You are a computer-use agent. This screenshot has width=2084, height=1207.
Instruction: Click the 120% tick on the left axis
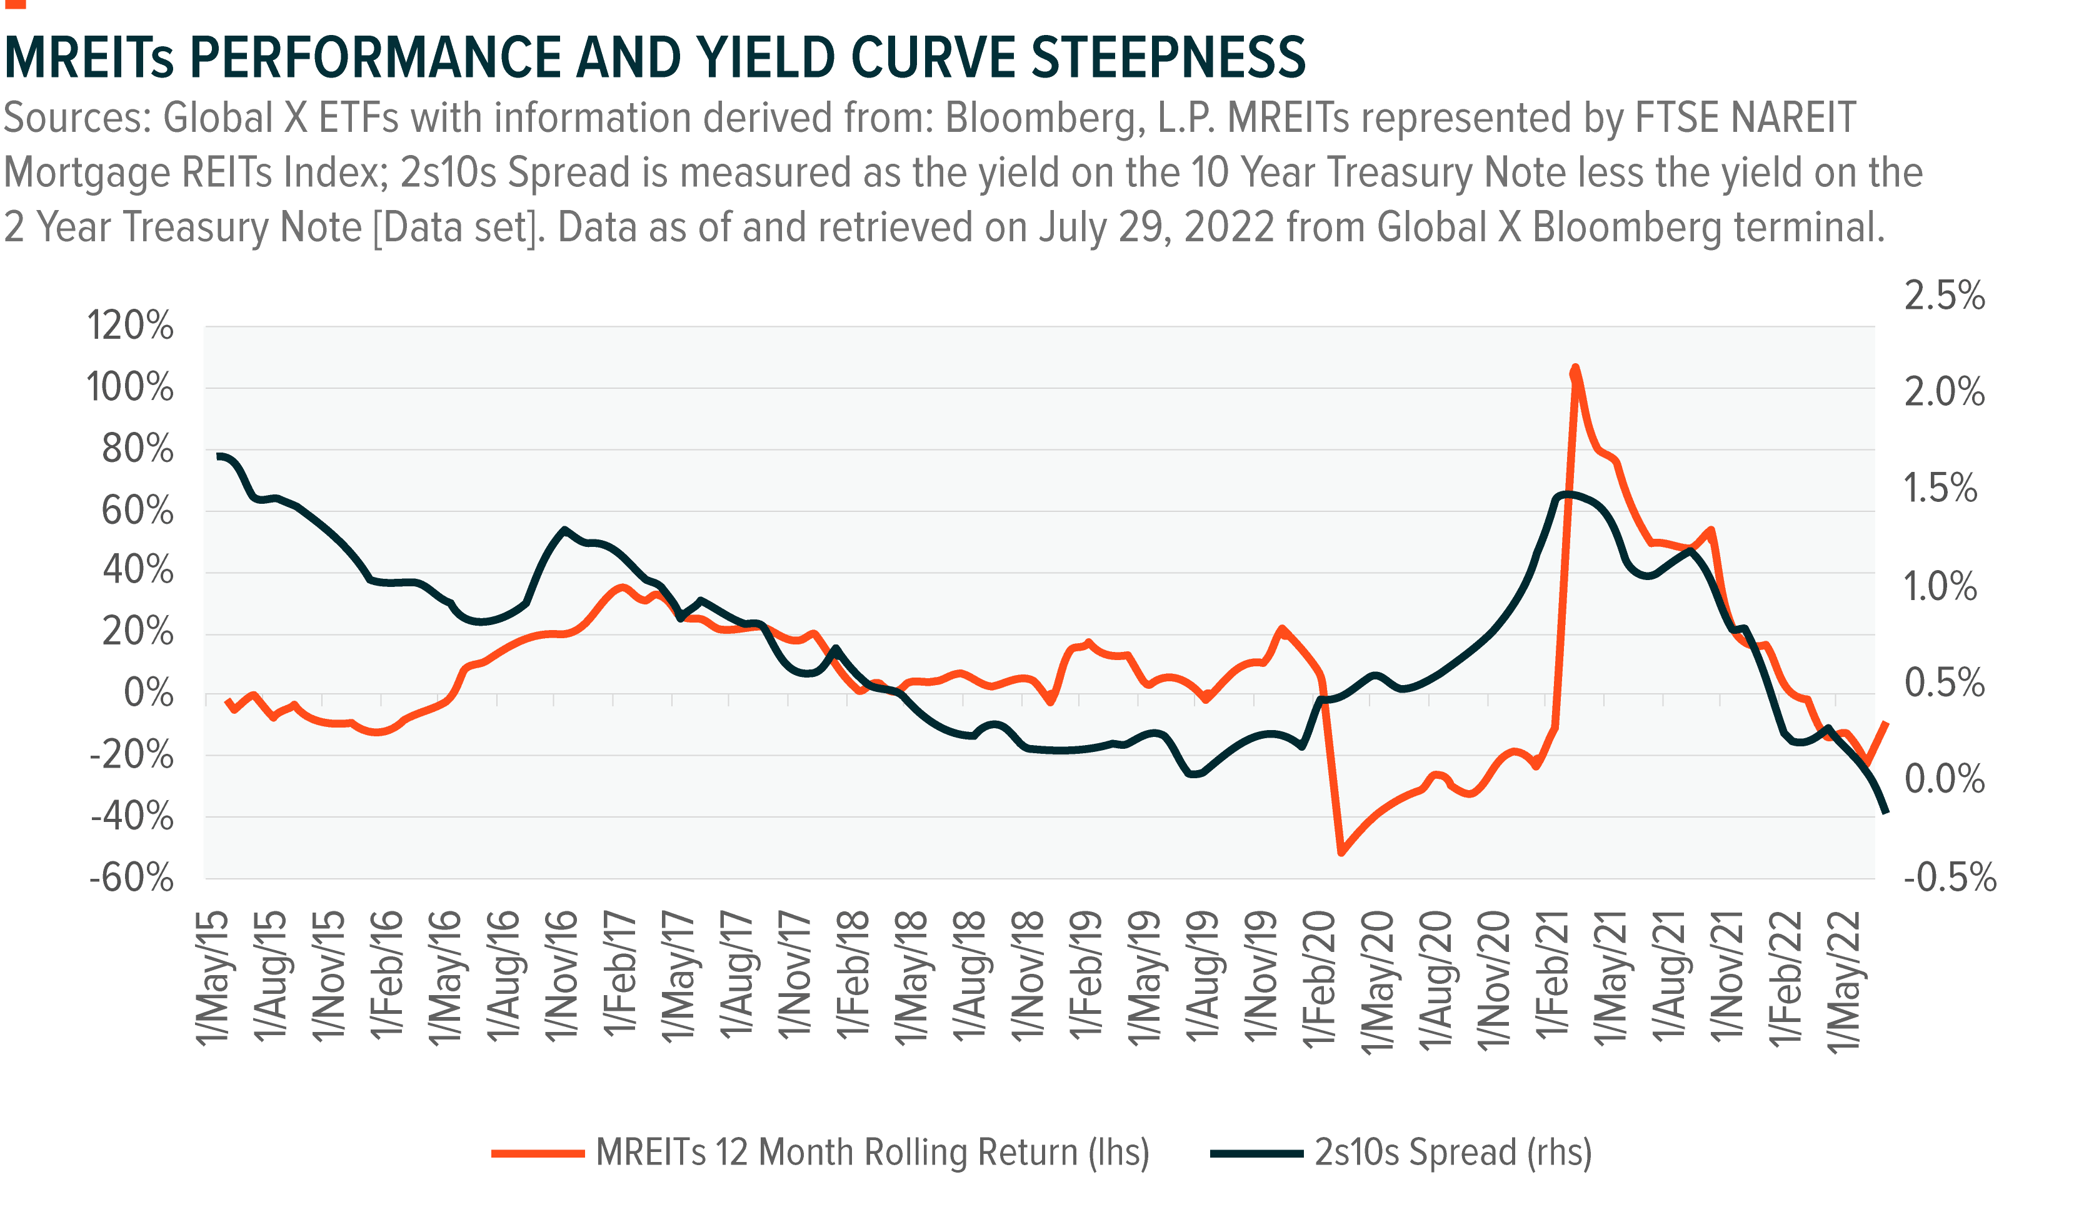pyautogui.click(x=130, y=326)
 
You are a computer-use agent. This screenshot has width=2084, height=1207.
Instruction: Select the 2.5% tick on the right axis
pyautogui.click(x=1944, y=296)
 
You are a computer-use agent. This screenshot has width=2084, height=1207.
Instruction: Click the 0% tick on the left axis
pyautogui.click(x=148, y=694)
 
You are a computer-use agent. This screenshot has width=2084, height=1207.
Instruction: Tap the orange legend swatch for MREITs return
pyautogui.click(x=538, y=1153)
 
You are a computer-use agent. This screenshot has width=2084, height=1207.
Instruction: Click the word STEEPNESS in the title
pyautogui.click(x=1168, y=58)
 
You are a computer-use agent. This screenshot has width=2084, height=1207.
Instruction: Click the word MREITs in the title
pyautogui.click(x=89, y=58)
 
